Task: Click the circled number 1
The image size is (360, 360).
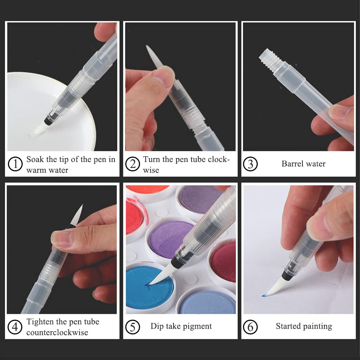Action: tap(15, 164)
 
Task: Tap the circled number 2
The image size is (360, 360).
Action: tap(132, 164)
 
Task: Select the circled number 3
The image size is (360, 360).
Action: tap(250, 164)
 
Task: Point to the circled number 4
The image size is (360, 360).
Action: tap(15, 327)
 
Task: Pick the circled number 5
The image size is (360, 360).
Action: tap(132, 327)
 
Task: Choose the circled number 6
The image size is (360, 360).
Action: tap(250, 327)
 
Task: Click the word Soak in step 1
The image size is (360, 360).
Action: tap(35, 159)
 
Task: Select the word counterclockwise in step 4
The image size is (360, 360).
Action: tap(57, 332)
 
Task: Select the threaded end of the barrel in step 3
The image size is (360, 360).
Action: tap(270, 59)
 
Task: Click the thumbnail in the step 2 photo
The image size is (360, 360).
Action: tap(163, 76)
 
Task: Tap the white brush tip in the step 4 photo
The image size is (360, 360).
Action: tap(77, 215)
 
